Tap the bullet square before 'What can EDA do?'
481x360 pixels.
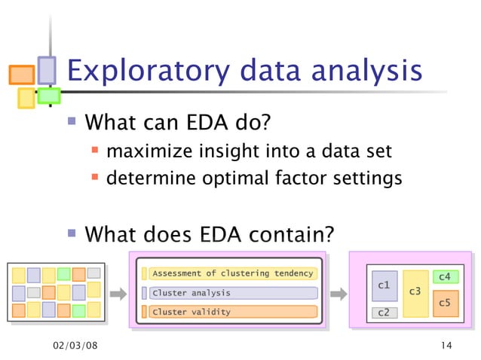pyautogui.click(x=72, y=121)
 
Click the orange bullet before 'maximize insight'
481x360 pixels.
pyautogui.click(x=95, y=152)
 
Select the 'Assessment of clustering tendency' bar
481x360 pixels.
pyautogui.click(x=232, y=273)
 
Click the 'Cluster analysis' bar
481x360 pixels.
pyautogui.click(x=232, y=292)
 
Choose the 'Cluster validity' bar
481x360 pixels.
pyautogui.click(x=232, y=312)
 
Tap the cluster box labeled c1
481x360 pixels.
pyautogui.click(x=384, y=286)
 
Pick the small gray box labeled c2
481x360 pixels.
pyautogui.click(x=384, y=313)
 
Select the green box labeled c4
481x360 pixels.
pyautogui.click(x=444, y=277)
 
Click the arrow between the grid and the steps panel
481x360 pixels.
pyautogui.click(x=118, y=292)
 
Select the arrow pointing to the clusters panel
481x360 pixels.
pyautogui.click(x=339, y=292)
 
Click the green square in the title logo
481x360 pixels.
pyautogui.click(x=49, y=96)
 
